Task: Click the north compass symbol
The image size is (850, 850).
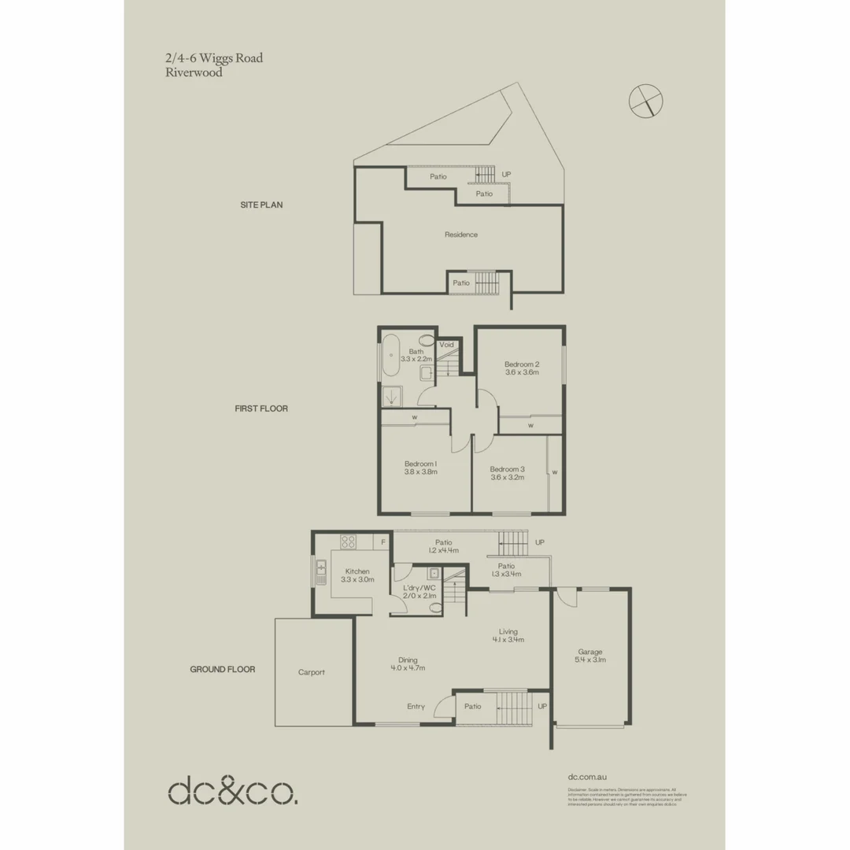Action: pyautogui.click(x=646, y=100)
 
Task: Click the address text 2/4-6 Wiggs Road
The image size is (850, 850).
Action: pyautogui.click(x=214, y=58)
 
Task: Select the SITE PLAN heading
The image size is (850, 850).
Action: pyautogui.click(x=261, y=205)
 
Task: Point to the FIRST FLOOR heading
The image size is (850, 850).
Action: pyautogui.click(x=261, y=408)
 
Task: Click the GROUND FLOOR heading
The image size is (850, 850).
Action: pyautogui.click(x=223, y=670)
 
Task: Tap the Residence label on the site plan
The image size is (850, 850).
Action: pyautogui.click(x=460, y=235)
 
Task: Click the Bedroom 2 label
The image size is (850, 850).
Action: pyautogui.click(x=521, y=364)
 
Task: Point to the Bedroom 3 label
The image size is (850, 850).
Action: pyautogui.click(x=508, y=469)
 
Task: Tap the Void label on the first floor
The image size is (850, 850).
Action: pyautogui.click(x=447, y=345)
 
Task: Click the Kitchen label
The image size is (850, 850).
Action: pyautogui.click(x=357, y=571)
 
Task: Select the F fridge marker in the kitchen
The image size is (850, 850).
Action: pyautogui.click(x=383, y=542)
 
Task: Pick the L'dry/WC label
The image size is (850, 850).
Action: pyautogui.click(x=419, y=588)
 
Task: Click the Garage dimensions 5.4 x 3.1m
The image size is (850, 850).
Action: pyautogui.click(x=590, y=660)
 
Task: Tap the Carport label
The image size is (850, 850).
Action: pyautogui.click(x=312, y=672)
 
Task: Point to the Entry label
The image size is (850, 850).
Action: pyautogui.click(x=416, y=707)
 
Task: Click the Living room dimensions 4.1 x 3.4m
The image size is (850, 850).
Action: pyautogui.click(x=508, y=640)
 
